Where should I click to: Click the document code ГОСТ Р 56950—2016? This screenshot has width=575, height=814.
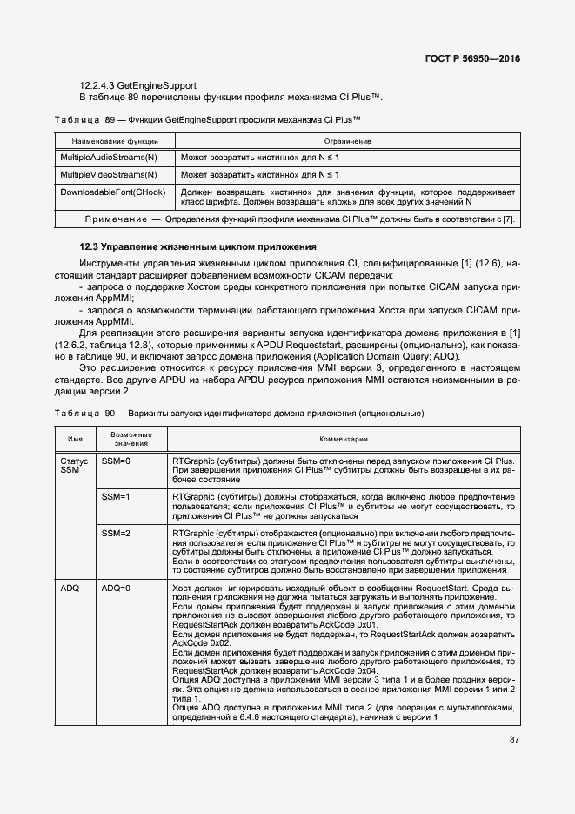478,60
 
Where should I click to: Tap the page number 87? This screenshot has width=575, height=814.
515,740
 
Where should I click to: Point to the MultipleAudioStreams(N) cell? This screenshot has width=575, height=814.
109,157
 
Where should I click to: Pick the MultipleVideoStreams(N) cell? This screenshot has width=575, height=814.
109,174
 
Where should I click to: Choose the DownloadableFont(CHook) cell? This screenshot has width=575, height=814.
111,192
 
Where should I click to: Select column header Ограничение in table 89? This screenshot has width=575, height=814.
348,140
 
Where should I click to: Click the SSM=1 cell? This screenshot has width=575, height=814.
116,496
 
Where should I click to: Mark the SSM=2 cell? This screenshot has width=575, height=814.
116,533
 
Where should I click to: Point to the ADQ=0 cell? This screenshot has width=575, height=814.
116,589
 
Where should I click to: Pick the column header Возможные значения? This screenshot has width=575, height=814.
131,439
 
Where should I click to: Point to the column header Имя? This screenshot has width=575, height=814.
75,440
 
